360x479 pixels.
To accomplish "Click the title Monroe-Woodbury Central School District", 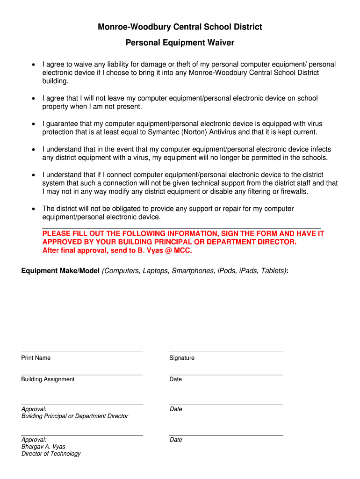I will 180,27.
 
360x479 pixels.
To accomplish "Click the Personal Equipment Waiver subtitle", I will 180,43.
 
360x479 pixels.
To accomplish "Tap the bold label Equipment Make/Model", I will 60,271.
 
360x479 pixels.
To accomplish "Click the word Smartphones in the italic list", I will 190,271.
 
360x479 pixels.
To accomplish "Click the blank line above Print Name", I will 82,351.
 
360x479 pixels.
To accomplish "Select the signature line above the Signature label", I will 226,351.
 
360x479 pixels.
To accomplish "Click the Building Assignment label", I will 48,379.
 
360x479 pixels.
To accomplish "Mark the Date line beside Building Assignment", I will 226,375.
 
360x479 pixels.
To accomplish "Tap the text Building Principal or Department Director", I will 75,416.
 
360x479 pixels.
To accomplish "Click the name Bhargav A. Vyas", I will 43,447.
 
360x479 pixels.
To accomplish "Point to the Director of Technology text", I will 51,454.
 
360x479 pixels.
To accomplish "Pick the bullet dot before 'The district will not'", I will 33,209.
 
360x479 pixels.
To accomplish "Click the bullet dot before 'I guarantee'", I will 33,124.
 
